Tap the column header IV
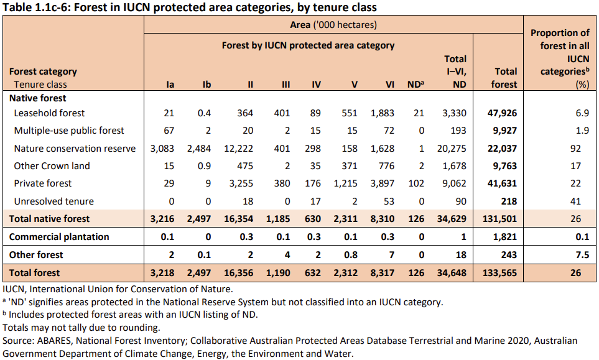point(316,85)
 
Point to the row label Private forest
point(43,183)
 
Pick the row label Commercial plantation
point(59,237)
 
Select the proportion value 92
point(575,148)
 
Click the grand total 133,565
point(501,272)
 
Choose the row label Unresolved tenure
point(54,201)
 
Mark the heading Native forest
point(38,98)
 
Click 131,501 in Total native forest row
point(501,219)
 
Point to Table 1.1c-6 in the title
point(37,7)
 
